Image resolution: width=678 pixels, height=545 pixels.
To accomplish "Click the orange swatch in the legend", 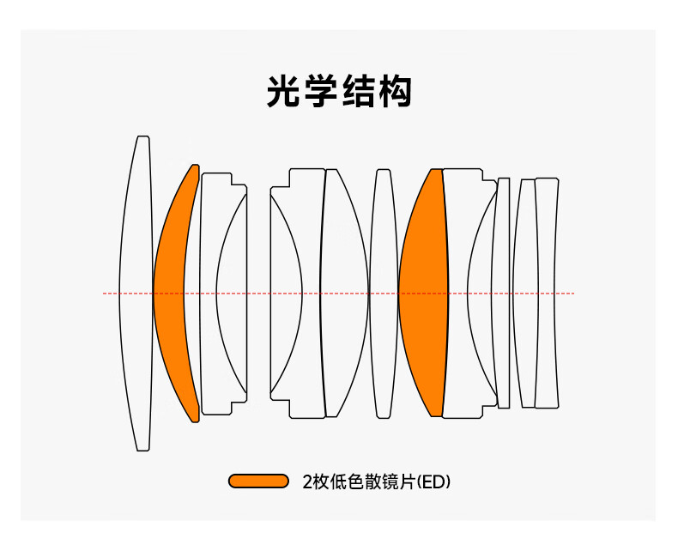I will [258, 481].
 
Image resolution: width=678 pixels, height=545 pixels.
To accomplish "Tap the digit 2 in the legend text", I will [306, 481].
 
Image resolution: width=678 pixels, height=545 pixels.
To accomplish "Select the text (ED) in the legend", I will [433, 481].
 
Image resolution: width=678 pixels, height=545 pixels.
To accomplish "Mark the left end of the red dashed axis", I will [105, 294].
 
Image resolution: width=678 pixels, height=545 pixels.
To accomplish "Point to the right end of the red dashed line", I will [573, 294].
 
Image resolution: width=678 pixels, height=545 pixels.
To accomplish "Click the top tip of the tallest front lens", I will [142, 137].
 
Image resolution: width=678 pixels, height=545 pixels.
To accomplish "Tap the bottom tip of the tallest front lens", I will [142, 449].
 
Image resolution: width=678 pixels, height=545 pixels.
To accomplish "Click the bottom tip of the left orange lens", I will [196, 421].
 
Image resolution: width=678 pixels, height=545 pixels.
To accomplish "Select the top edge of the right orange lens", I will [435, 170].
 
